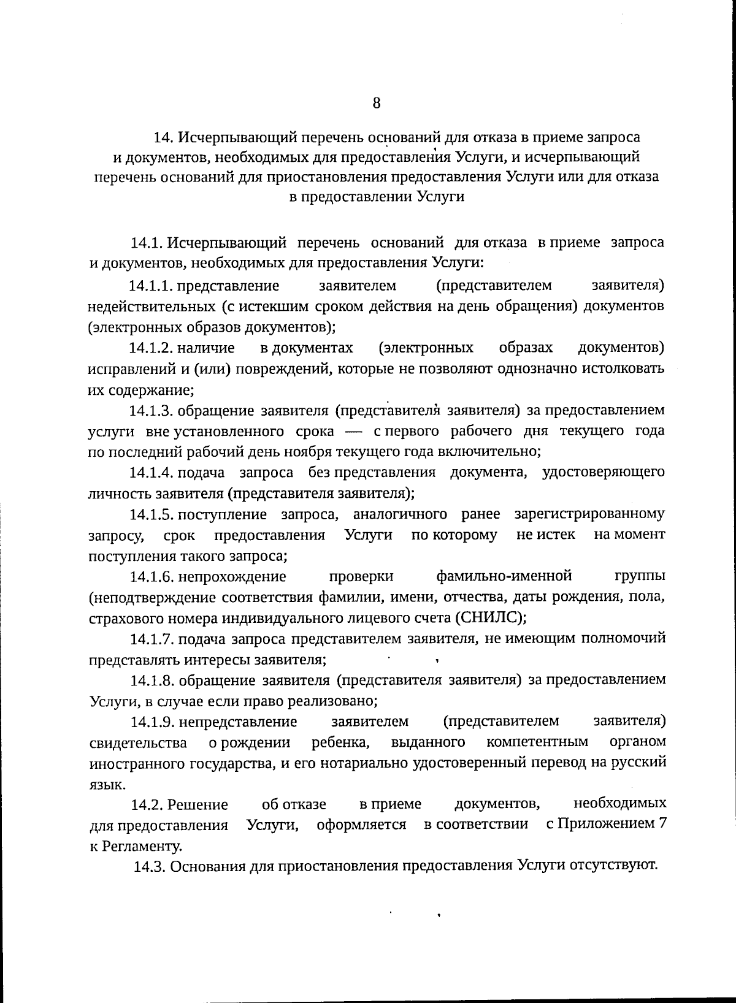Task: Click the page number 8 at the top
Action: coord(377,102)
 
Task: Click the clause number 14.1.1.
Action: coord(151,286)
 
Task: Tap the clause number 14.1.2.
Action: coord(151,348)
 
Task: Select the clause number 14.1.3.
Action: coord(151,410)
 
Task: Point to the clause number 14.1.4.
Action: coord(151,473)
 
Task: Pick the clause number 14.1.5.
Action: coord(151,514)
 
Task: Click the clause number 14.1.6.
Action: coord(151,577)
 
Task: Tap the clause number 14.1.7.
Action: coord(151,639)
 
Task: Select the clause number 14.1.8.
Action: coord(151,681)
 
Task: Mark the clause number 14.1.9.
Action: coord(151,722)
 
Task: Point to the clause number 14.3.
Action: coord(150,866)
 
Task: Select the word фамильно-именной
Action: coord(504,576)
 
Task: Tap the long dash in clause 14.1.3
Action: coord(350,432)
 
